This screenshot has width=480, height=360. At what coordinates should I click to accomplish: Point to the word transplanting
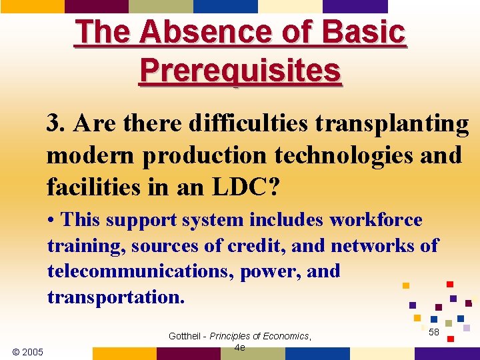click(x=392, y=123)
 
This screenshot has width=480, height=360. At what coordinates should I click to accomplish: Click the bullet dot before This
click(x=51, y=221)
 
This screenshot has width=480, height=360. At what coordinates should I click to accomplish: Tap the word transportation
click(x=113, y=297)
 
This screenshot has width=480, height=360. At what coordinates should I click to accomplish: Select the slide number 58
click(x=433, y=331)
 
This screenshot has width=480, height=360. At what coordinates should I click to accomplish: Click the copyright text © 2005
click(x=28, y=351)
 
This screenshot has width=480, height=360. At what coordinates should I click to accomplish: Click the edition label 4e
click(x=240, y=347)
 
